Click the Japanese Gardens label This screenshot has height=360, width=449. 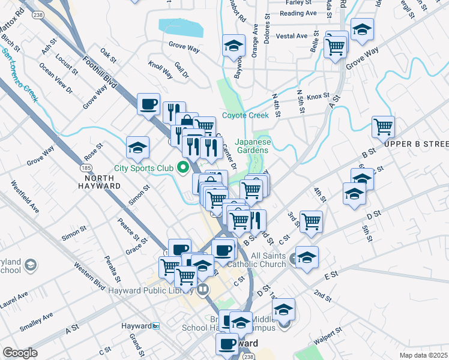pos(253,146)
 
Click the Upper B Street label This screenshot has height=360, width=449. pos(425,144)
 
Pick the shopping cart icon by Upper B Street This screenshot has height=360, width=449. pos(383,127)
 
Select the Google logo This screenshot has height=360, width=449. pos(20,353)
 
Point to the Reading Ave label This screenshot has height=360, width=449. pos(298,13)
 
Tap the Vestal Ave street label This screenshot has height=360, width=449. pos(292,36)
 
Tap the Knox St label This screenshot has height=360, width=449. pos(318,96)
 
